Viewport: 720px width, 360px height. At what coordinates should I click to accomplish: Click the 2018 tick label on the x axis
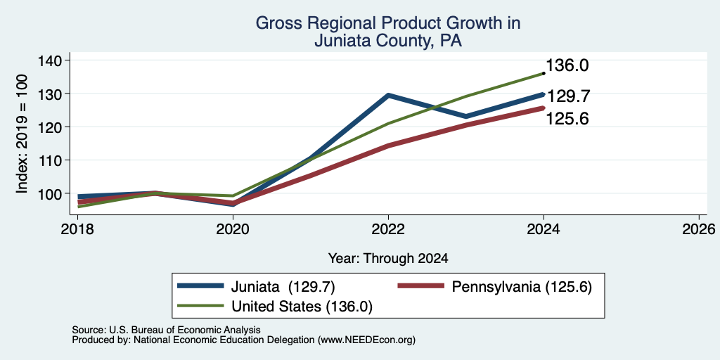coord(77,229)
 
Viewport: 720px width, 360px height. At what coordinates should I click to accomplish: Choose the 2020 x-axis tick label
coord(233,229)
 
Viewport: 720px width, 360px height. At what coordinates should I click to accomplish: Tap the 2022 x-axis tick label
coord(388,229)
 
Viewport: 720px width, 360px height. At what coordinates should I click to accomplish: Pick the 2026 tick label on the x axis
coord(699,229)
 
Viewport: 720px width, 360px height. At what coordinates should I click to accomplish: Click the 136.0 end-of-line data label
coord(567,65)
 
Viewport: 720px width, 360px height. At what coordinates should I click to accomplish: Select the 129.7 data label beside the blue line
coord(567,96)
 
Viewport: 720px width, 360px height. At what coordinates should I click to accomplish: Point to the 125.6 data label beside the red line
coord(567,119)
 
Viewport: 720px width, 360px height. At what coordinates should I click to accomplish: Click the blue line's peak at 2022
coord(388,95)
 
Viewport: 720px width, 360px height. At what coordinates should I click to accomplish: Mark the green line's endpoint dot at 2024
coord(544,73)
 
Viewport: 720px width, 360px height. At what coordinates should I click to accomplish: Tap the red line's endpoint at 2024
coord(543,108)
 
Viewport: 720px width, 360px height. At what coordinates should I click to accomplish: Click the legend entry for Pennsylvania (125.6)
coord(495,287)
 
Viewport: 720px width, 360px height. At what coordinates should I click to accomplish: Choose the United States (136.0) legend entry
coord(275,307)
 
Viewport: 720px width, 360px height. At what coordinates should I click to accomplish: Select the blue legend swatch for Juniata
coord(200,285)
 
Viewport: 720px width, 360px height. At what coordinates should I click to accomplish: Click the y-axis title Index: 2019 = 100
coord(22,134)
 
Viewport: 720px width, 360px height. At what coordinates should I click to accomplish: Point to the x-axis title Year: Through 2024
coord(388,259)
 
